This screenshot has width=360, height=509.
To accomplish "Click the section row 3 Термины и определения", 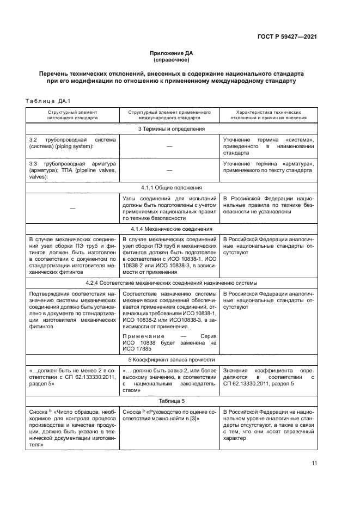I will [x=172, y=129].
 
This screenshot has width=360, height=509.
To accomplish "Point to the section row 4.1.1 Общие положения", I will [x=172, y=187].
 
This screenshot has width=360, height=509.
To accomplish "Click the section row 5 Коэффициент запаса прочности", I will [x=172, y=360].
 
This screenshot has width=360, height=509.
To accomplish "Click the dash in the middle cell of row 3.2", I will [x=169, y=147].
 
